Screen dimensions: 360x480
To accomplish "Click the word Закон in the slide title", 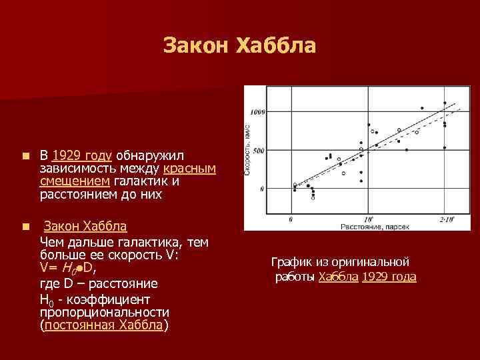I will pyautogui.click(x=195, y=46).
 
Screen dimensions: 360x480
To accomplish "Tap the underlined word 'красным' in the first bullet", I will pyautogui.click(x=189, y=169).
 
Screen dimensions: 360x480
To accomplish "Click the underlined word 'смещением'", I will pyautogui.click(x=75, y=181).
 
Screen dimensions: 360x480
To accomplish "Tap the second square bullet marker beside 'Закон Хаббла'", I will pyautogui.click(x=25, y=227).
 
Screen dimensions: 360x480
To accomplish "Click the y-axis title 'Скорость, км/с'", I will pyautogui.click(x=248, y=149).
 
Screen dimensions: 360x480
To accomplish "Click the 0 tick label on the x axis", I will pyautogui.click(x=291, y=219).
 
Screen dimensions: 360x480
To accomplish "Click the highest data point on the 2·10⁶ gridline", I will pyautogui.click(x=445, y=103).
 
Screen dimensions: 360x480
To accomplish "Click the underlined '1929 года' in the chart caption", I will pyautogui.click(x=389, y=277).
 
